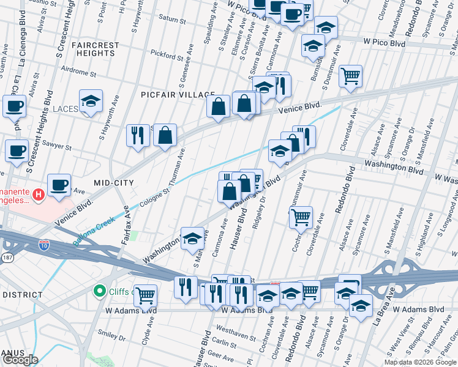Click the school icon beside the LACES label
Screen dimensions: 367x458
click(x=91, y=102)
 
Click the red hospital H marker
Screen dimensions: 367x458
click(x=39, y=195)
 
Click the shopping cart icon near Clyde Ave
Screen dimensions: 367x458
click(x=146, y=296)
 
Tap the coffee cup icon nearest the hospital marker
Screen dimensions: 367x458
click(x=59, y=185)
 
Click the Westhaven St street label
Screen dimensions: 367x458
click(x=235, y=336)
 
